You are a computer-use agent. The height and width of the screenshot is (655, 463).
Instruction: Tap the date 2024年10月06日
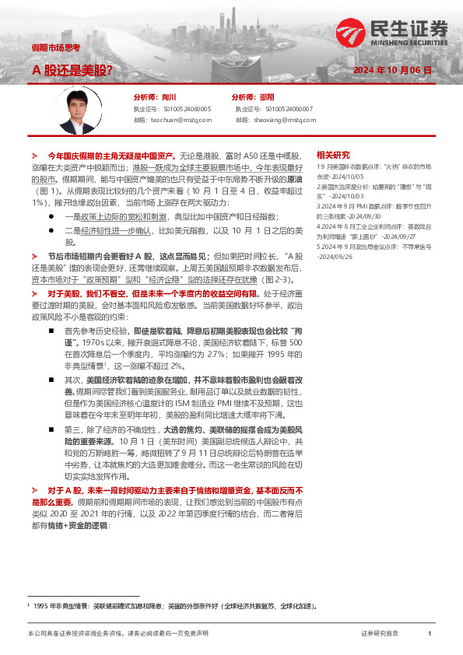(x=392, y=70)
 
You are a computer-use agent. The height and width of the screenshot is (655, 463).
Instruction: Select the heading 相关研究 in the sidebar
(x=333, y=155)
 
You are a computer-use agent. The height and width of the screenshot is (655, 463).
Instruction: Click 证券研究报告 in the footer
(x=380, y=634)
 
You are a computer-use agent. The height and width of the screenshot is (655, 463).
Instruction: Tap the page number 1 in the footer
(x=430, y=634)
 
